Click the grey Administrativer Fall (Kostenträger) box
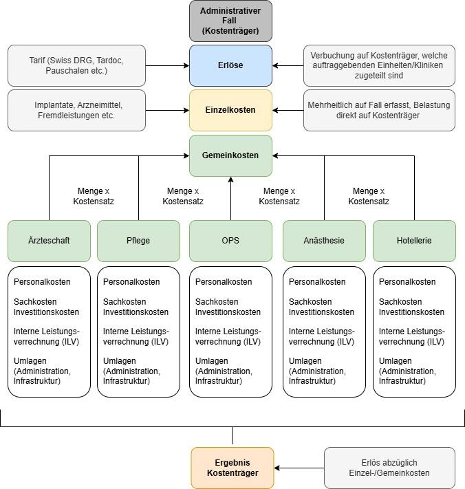[231, 21]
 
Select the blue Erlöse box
[231, 65]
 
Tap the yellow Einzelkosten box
[231, 110]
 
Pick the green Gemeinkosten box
[231, 155]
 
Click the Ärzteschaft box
[49, 241]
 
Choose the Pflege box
[138, 241]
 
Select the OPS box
[231, 241]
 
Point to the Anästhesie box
[324, 241]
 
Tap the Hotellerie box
[414, 241]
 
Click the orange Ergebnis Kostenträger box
[232, 468]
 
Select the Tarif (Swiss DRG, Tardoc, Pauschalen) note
[76, 65]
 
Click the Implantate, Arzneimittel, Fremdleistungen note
[76, 110]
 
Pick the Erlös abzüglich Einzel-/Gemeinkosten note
[389, 468]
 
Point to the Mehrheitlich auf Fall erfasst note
[379, 110]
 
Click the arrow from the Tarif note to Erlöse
[167, 66]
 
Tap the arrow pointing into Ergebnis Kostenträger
[299, 468]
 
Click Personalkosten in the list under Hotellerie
[407, 282]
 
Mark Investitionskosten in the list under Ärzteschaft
[46, 312]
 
